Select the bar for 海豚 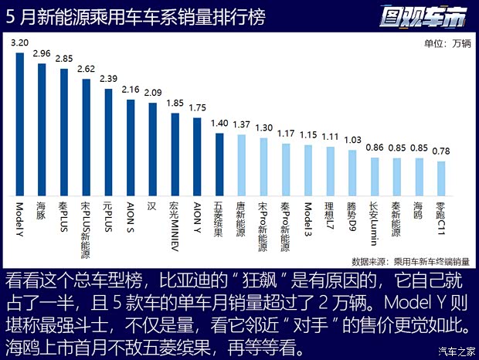(42, 131)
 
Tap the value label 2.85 (64, 59)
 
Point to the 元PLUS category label (109, 220)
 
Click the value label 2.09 (153, 93)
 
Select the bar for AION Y (197, 158)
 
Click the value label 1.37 (242, 124)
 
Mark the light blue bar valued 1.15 (308, 172)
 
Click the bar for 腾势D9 (352, 174)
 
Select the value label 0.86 (375, 147)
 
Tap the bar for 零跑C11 (441, 179)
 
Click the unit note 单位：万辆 (446, 43)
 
